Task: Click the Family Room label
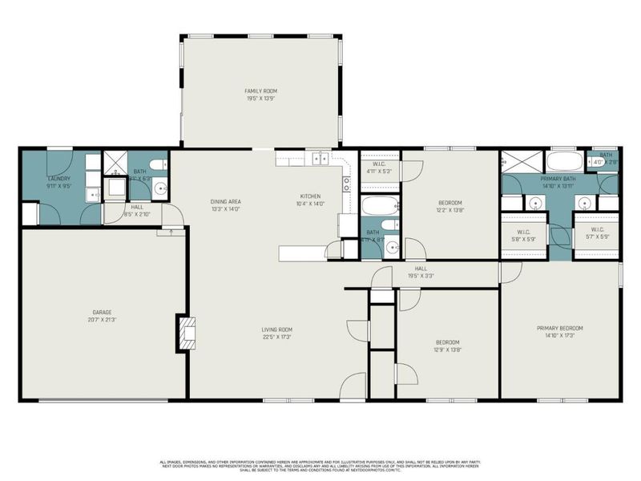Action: point(260,91)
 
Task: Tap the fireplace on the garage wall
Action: point(185,332)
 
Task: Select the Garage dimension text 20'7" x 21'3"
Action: point(102,320)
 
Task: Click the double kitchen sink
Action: point(320,159)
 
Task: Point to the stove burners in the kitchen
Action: point(347,185)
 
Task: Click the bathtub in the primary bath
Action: point(565,160)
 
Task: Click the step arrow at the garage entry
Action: point(169,233)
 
